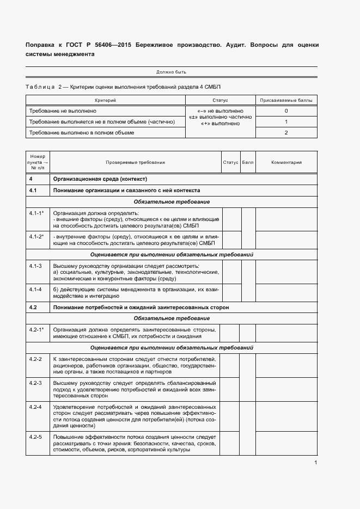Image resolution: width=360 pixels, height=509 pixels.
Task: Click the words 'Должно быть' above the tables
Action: pos(172,72)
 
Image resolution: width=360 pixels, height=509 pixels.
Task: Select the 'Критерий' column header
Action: pos(105,100)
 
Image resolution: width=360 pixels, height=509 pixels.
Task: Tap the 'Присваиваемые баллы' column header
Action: pos(286,100)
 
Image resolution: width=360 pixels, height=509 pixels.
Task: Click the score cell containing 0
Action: pos(286,111)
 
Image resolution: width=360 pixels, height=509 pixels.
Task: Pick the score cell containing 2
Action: pos(286,132)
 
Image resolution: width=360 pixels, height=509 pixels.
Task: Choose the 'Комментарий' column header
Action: pos(286,162)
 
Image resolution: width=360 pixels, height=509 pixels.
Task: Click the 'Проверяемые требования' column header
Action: pos(136,162)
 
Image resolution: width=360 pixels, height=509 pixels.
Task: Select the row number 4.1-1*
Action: pos(36,213)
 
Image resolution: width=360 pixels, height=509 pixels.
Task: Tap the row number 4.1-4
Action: pos(36,289)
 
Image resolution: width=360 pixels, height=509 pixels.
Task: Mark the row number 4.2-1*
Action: pos(36,330)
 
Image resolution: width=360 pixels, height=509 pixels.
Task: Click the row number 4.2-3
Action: pos(36,383)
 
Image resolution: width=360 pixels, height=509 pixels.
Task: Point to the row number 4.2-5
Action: pos(36,437)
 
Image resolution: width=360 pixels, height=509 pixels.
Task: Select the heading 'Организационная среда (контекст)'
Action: pos(101,179)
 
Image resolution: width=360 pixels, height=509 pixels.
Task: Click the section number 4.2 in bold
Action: pos(33,308)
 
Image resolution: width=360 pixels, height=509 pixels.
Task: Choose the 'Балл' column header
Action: pos(248,162)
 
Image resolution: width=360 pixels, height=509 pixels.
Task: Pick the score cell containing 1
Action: pos(286,122)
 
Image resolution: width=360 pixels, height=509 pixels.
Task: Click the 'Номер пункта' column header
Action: pos(38,162)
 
